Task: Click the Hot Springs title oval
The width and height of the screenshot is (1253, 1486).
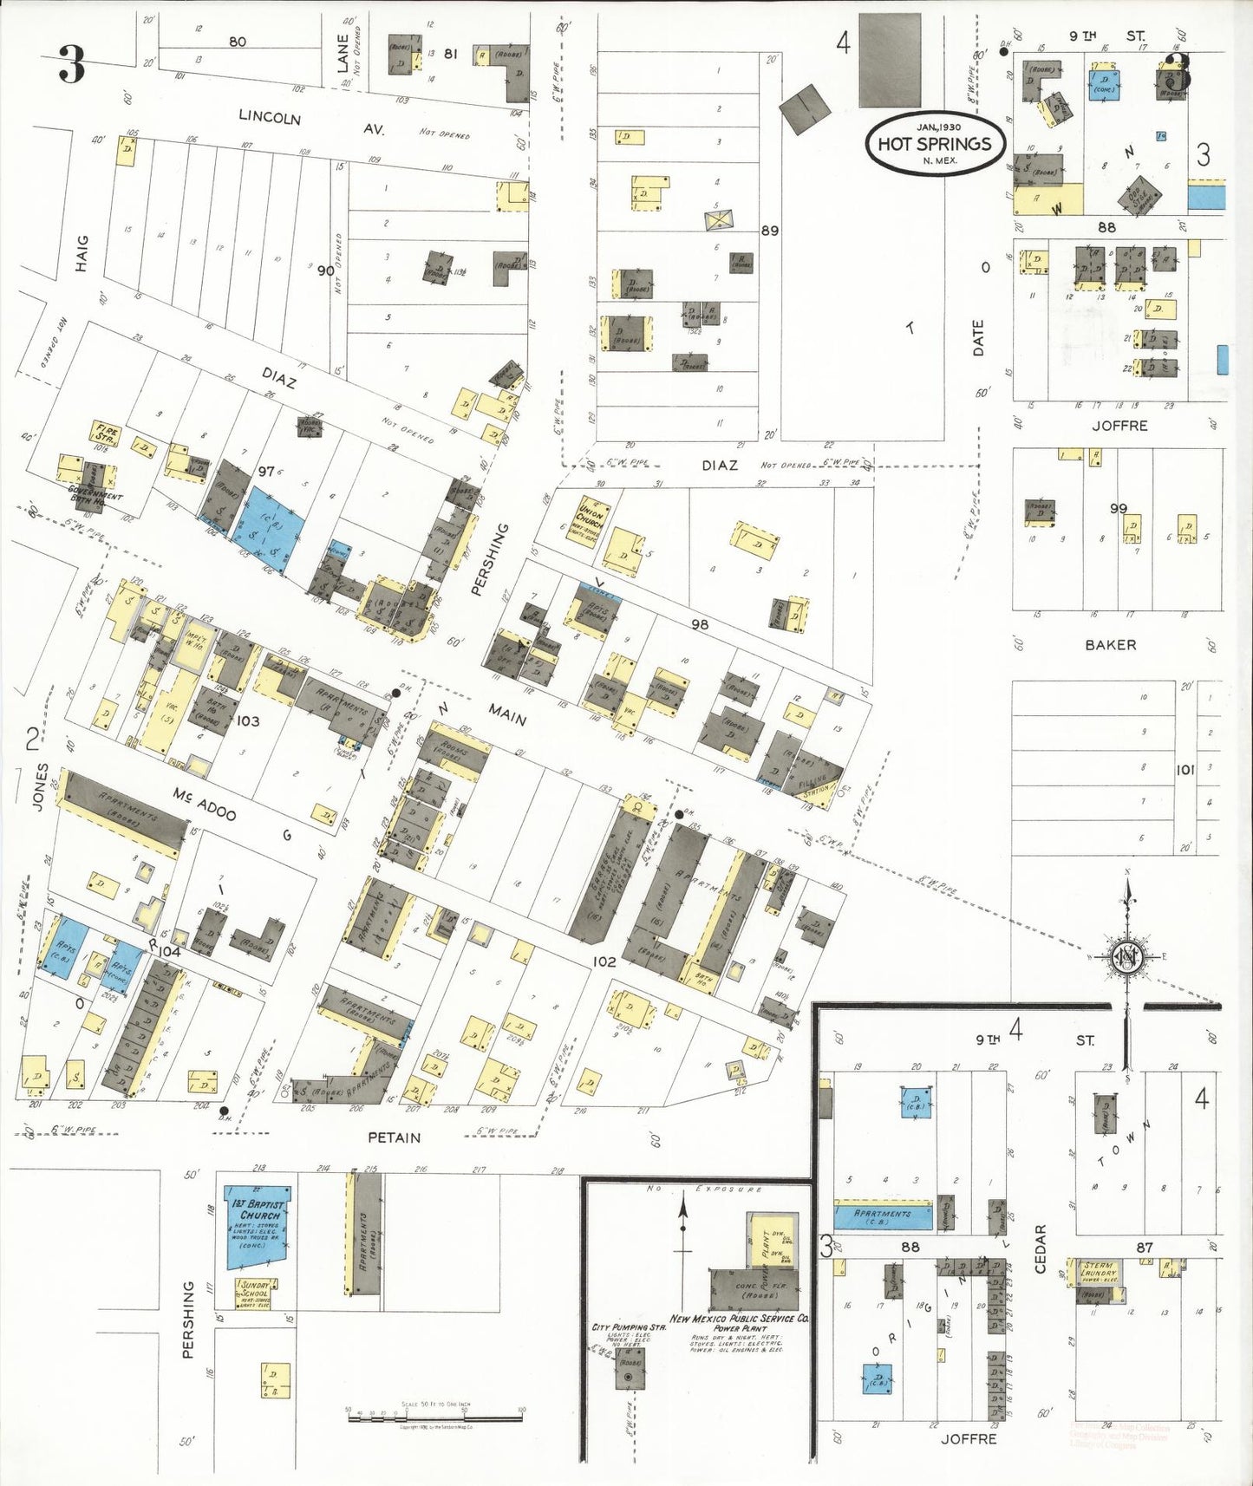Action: (935, 143)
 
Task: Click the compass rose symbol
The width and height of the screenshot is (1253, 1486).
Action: (1127, 957)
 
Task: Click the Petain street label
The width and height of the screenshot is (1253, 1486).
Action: (394, 1137)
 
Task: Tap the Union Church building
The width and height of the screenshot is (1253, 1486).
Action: (587, 522)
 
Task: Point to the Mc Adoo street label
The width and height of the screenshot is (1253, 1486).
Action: (205, 803)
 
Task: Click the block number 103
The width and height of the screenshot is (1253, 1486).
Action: (247, 720)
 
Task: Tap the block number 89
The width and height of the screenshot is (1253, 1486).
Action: (769, 231)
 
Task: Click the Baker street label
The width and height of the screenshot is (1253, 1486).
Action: (1110, 644)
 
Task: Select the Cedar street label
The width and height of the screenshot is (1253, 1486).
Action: (1041, 1248)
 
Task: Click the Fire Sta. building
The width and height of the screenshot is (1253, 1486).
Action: (105, 433)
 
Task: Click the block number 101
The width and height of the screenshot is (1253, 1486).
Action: (1184, 769)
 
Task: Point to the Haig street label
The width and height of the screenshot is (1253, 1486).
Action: (82, 253)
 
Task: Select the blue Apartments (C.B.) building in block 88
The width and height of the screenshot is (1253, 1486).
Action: (883, 1216)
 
